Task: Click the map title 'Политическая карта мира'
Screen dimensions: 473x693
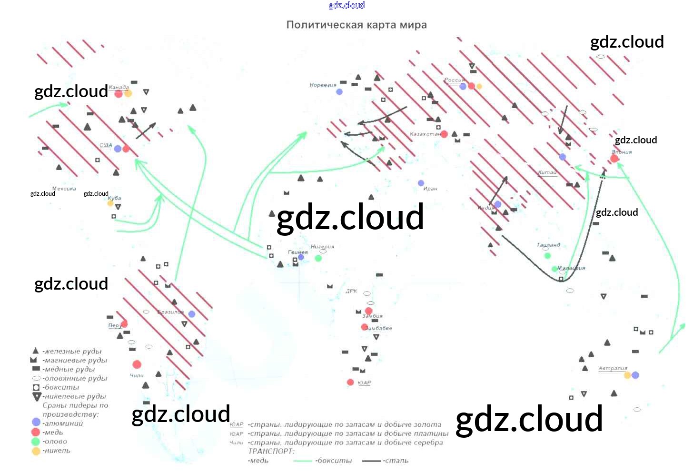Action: (x=356, y=25)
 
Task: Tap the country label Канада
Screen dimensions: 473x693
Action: (x=119, y=87)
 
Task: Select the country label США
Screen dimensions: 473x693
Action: (x=106, y=145)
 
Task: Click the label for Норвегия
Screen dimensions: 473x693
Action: (x=323, y=85)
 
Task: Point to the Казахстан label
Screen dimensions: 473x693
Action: (x=425, y=134)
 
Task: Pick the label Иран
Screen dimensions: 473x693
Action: (x=430, y=189)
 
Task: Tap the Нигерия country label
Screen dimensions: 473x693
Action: (x=322, y=247)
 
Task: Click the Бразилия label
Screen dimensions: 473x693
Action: (x=170, y=312)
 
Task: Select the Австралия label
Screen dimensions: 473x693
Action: (x=613, y=368)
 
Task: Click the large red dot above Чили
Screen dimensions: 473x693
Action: (x=137, y=364)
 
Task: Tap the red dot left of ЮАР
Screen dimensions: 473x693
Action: (x=350, y=382)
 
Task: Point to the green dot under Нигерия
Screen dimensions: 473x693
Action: (x=318, y=258)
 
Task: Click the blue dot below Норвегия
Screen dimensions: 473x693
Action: (x=339, y=91)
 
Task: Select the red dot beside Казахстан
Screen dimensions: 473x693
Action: (x=444, y=134)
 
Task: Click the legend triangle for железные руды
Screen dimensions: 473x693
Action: (x=35, y=351)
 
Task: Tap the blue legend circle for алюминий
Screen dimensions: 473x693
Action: (x=36, y=422)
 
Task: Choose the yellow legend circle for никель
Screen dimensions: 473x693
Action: (x=36, y=451)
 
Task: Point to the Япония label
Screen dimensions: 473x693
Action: (x=622, y=152)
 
